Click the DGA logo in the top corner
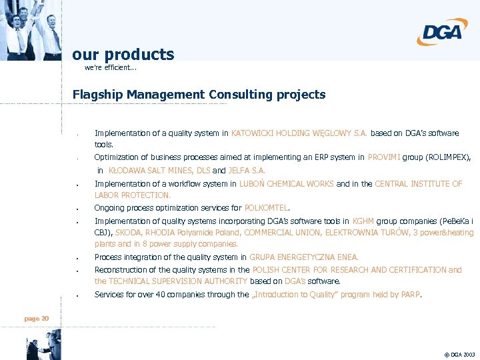click(x=443, y=31)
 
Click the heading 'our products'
click(x=123, y=55)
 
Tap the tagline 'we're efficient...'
click(x=111, y=68)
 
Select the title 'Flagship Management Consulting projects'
click(x=199, y=95)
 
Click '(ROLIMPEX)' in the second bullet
click(x=447, y=157)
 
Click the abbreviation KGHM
click(x=363, y=221)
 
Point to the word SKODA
click(x=127, y=233)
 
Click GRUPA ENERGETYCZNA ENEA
click(x=304, y=257)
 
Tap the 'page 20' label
click(x=37, y=319)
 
